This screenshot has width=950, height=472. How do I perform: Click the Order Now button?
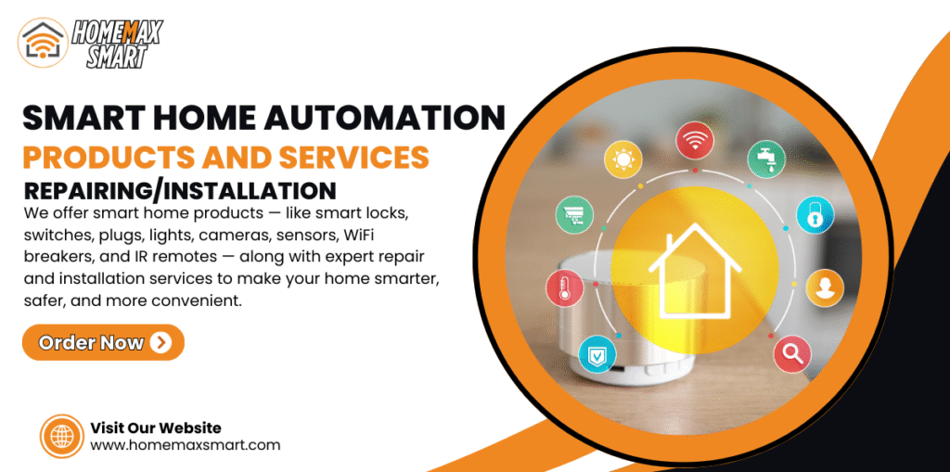tap(103, 342)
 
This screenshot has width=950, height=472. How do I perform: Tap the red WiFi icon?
tap(694, 141)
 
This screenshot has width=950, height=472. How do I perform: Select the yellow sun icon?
tap(623, 159)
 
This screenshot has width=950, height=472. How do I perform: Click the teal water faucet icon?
tap(765, 159)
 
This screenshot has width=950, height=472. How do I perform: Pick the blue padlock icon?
tap(815, 214)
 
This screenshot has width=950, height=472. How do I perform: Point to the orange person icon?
tap(825, 287)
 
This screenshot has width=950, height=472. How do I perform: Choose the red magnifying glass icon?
tap(792, 354)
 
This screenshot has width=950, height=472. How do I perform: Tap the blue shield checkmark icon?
tap(597, 354)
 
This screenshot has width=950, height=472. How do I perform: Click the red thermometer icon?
tap(565, 287)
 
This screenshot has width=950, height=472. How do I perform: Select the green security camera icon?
tap(574, 214)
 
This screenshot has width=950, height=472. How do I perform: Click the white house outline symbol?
tap(694, 270)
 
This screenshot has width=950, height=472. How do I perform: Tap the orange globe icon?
tap(62, 436)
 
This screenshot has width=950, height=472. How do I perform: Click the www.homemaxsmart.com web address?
tap(186, 445)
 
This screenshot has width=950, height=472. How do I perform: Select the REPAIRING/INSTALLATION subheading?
tap(180, 191)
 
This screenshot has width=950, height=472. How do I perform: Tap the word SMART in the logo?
tap(116, 57)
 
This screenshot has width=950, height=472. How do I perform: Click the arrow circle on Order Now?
tap(160, 343)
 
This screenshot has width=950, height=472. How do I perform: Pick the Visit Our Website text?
tap(156, 427)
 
